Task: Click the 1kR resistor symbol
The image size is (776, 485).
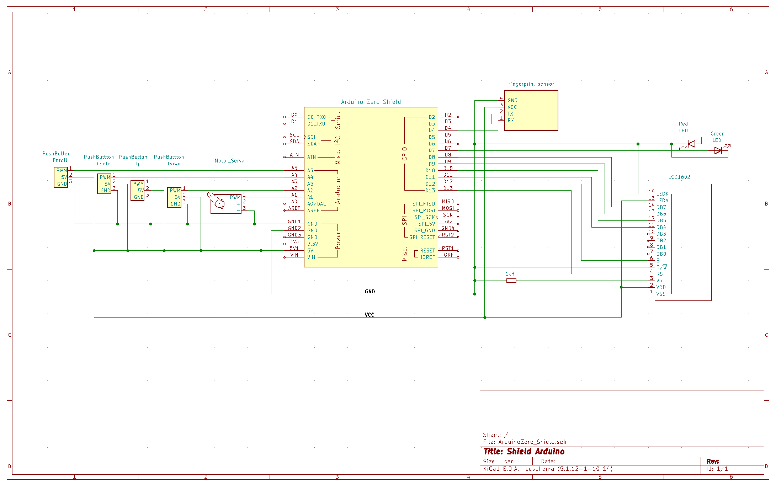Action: pyautogui.click(x=511, y=281)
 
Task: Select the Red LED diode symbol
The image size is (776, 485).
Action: pyautogui.click(x=691, y=144)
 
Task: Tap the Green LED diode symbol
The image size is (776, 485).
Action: pyautogui.click(x=718, y=151)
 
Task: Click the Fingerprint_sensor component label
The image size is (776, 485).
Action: pyautogui.click(x=531, y=84)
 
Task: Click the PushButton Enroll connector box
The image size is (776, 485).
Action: pyautogui.click(x=61, y=177)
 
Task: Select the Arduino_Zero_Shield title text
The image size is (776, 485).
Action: pyautogui.click(x=371, y=102)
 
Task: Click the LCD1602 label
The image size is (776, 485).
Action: pyautogui.click(x=679, y=177)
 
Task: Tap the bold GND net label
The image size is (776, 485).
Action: pyautogui.click(x=370, y=292)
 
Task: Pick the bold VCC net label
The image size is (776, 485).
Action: pyautogui.click(x=370, y=315)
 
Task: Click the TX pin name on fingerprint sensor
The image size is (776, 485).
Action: pyautogui.click(x=510, y=114)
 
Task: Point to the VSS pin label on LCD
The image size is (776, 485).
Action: pyautogui.click(x=661, y=294)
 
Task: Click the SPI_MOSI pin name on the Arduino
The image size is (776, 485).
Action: pyautogui.click(x=424, y=210)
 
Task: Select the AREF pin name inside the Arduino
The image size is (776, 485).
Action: pyautogui.click(x=313, y=210)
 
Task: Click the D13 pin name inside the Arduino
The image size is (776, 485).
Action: pyautogui.click(x=430, y=191)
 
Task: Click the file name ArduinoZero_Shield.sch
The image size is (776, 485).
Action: pyautogui.click(x=532, y=442)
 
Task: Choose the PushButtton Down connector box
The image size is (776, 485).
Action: pyautogui.click(x=174, y=197)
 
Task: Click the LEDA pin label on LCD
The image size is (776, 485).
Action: pyautogui.click(x=662, y=201)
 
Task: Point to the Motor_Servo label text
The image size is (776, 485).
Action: pyautogui.click(x=229, y=161)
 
